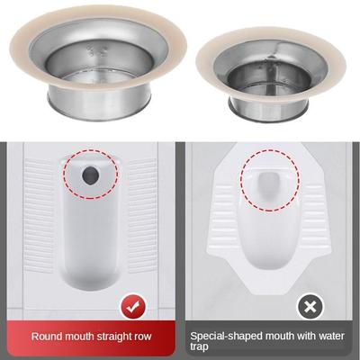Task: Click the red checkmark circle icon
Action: click(133, 307)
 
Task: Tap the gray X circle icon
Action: click(310, 307)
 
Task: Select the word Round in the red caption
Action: click(46, 337)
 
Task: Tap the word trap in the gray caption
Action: click(199, 347)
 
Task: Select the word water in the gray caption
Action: click(330, 337)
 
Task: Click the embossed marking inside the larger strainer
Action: click(95, 51)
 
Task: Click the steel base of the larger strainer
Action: click(99, 103)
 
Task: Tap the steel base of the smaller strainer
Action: click(268, 109)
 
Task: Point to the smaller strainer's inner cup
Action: click(269, 78)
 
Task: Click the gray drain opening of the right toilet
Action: click(269, 183)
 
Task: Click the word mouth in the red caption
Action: click(79, 337)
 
